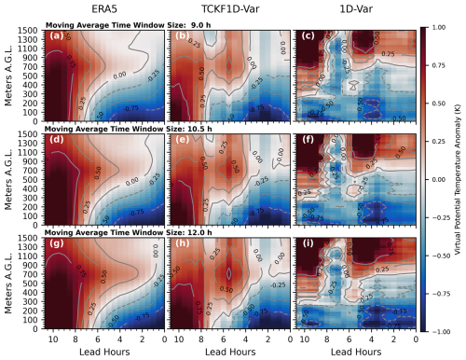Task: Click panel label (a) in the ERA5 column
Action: (56, 38)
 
